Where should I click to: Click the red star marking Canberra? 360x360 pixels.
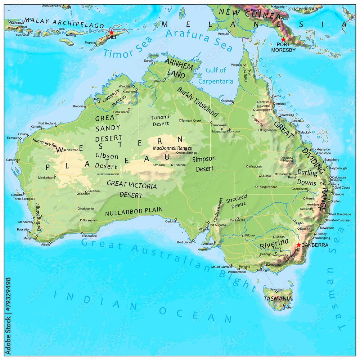(298, 245)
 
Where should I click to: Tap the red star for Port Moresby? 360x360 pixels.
(283, 39)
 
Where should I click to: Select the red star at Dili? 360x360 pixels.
(112, 33)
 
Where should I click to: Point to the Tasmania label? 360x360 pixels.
(278, 298)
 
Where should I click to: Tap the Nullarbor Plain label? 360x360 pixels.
(134, 211)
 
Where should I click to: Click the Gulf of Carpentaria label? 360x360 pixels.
(216, 76)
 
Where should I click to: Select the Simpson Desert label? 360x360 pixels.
(204, 163)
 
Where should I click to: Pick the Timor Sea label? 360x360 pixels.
(122, 49)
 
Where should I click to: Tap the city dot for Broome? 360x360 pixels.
(85, 107)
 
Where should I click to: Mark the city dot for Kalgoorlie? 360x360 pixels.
(79, 208)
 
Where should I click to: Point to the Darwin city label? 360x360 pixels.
(149, 60)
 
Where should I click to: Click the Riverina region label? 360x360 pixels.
(274, 244)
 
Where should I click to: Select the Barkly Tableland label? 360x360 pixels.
(197, 102)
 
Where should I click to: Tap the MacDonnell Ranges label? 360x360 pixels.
(172, 148)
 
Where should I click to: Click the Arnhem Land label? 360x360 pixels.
(179, 68)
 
